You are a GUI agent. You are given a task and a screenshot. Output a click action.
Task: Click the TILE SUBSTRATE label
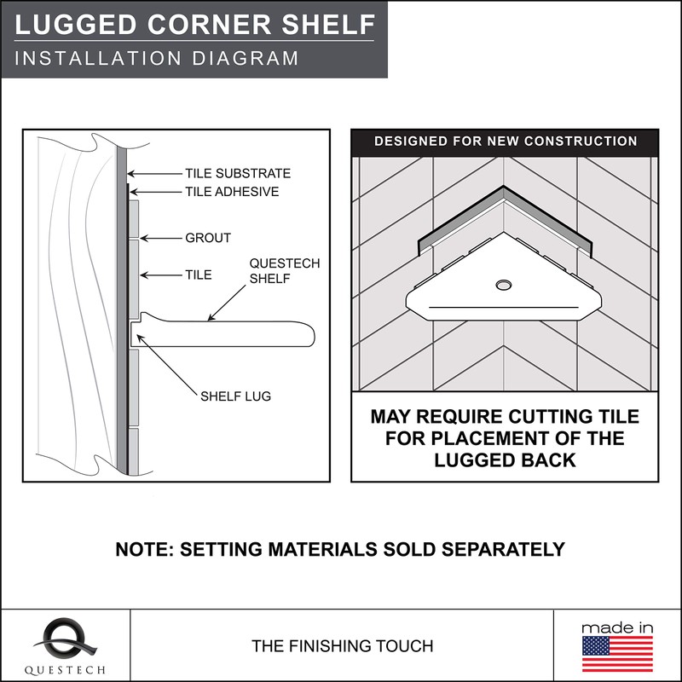pos(238,173)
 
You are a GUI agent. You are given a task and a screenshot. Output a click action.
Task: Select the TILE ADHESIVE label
pos(232,192)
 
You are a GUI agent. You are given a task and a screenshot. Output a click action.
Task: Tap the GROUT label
pos(208,238)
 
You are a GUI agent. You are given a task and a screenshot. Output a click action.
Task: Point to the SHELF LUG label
pos(235,396)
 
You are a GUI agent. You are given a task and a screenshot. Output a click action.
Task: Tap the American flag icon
pos(617,655)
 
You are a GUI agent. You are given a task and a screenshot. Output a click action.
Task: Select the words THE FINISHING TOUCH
pos(342,646)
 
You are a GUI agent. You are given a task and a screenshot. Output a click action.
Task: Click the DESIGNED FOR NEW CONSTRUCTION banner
pos(506,141)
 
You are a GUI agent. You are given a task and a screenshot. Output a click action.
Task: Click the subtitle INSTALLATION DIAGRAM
pos(157,58)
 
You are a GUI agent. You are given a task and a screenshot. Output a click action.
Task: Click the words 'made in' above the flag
pos(617,627)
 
